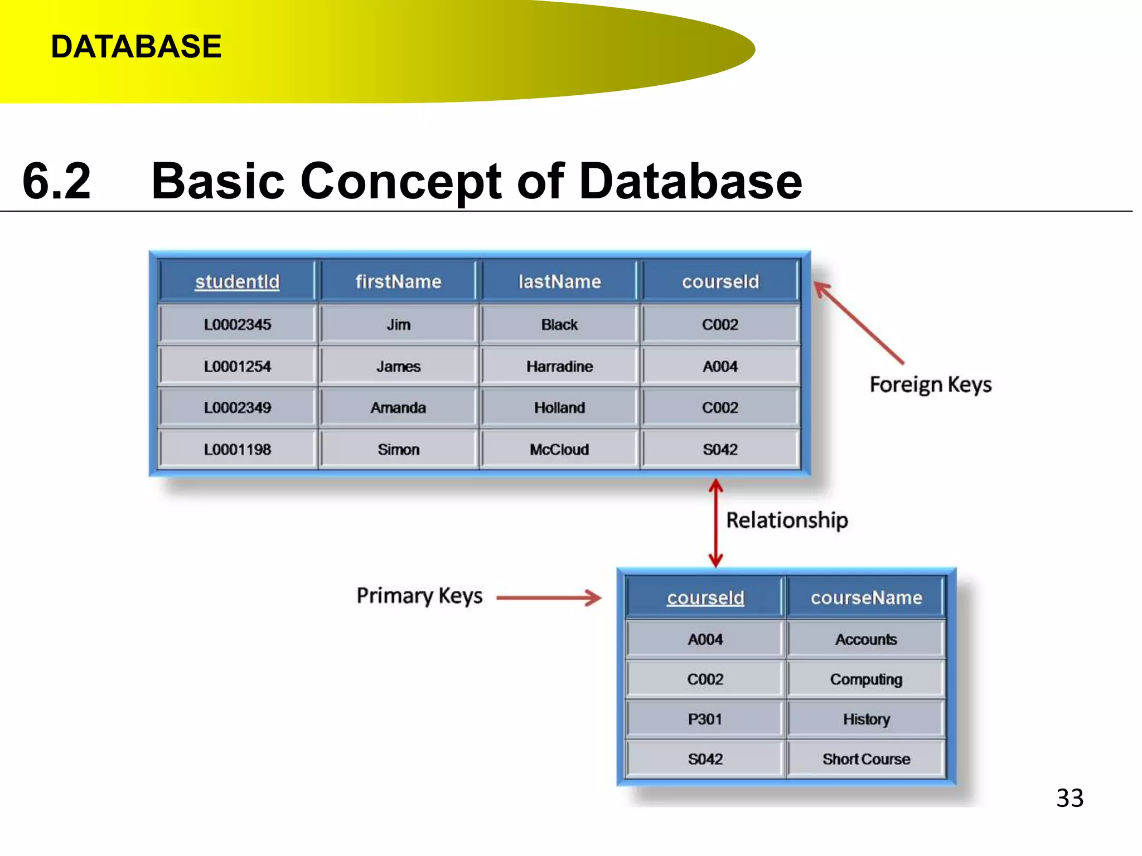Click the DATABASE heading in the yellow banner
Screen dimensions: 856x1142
tap(136, 47)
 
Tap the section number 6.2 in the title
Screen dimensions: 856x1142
tap(56, 181)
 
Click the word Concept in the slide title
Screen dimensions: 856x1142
tap(401, 181)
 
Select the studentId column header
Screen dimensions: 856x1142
tap(238, 282)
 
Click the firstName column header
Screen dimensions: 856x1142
tap(398, 282)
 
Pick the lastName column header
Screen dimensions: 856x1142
tap(559, 282)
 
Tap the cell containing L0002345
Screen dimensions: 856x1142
tap(238, 325)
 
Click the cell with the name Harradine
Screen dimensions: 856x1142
tap(559, 367)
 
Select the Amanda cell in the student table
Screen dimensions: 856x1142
tap(398, 408)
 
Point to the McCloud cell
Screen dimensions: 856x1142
tap(559, 450)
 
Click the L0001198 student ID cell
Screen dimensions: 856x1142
tap(238, 450)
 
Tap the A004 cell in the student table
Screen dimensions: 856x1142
tap(720, 367)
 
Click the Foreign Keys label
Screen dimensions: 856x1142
tap(930, 385)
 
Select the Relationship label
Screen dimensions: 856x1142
tap(787, 521)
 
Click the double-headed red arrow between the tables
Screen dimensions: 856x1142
tap(716, 523)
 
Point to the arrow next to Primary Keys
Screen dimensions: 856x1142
tap(549, 598)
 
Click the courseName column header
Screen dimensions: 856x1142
tap(866, 598)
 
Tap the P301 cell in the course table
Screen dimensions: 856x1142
tap(705, 719)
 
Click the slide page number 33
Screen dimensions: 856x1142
tap(1070, 798)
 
